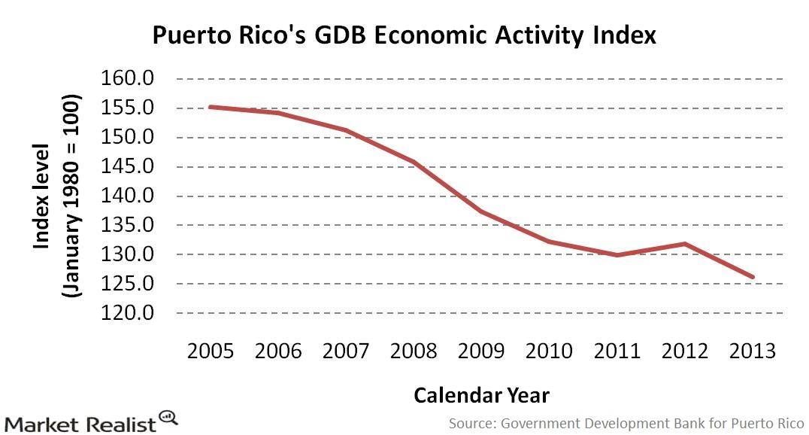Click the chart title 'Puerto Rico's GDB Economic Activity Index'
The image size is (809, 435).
[x=404, y=35]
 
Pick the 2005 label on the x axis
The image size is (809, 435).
[x=210, y=351]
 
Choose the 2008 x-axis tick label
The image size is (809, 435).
[x=414, y=351]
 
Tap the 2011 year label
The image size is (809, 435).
[x=617, y=351]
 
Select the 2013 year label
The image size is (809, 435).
[x=752, y=351]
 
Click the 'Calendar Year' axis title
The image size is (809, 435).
[x=481, y=395]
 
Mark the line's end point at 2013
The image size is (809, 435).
[x=753, y=277]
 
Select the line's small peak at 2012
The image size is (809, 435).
[x=685, y=243]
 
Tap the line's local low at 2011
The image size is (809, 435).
[x=617, y=255]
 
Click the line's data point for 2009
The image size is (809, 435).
[x=481, y=211]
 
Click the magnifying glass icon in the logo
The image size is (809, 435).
[x=168, y=417]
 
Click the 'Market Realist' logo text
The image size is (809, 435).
[x=79, y=423]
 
